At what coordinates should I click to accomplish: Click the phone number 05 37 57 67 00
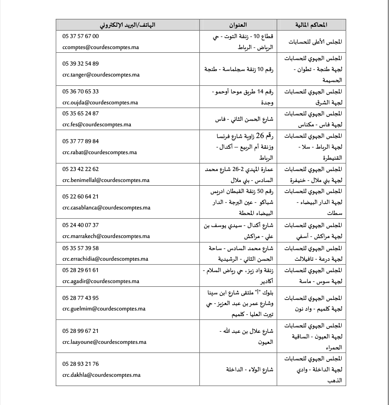[x=81, y=36]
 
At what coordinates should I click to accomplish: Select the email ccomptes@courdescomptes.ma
[x=100, y=47]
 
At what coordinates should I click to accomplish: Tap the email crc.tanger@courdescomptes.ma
[x=101, y=75]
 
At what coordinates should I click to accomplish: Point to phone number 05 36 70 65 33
[x=81, y=92]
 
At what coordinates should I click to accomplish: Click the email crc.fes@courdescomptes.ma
[x=97, y=125]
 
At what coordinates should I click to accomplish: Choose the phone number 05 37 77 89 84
[x=81, y=141]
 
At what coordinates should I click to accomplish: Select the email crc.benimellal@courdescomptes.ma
[x=106, y=180]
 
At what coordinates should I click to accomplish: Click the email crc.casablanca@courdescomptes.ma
[x=106, y=208]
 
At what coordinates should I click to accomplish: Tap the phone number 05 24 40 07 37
[x=81, y=225]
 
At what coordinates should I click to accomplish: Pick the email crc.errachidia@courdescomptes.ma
[x=105, y=259]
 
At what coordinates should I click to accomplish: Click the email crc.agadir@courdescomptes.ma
[x=101, y=281]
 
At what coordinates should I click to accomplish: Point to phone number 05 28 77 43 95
[x=81, y=298]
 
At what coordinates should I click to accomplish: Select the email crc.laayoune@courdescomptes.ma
[x=104, y=342]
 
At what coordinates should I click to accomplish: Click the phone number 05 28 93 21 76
[x=81, y=364]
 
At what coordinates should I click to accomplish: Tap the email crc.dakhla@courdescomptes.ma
[x=101, y=375]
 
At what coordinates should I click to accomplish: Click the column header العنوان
[x=238, y=25]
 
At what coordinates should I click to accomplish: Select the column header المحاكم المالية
[x=311, y=25]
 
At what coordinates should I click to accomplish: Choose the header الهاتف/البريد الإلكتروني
[x=127, y=25]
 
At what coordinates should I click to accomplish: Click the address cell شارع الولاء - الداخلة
[x=249, y=369]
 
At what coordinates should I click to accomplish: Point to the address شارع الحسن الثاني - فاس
[x=244, y=119]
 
